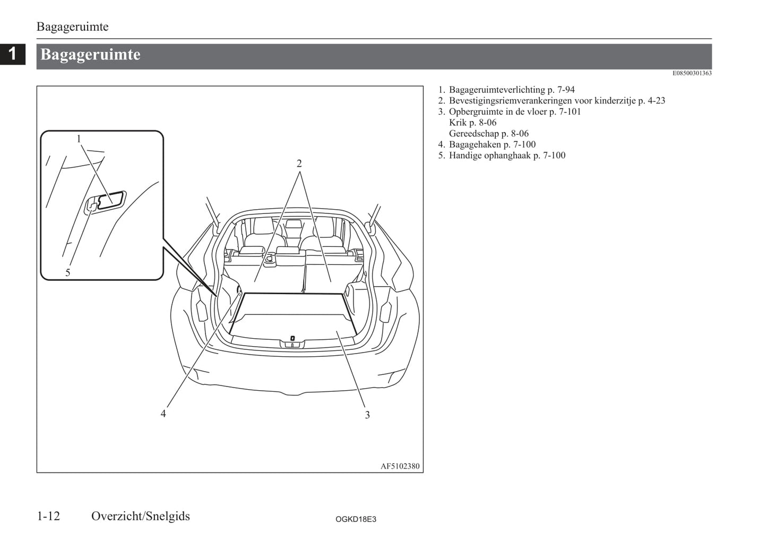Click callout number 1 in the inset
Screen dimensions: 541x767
click(79, 139)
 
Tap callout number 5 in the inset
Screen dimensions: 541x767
click(67, 273)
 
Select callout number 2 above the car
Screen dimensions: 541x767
click(299, 164)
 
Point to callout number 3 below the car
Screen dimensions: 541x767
click(367, 415)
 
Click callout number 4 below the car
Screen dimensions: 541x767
click(163, 414)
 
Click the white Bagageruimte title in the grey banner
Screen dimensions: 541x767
click(90, 55)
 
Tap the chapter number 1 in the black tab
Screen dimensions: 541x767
click(13, 54)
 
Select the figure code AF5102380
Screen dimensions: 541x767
click(400, 466)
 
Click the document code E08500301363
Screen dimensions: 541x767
click(692, 73)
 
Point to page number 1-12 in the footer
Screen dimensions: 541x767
click(48, 516)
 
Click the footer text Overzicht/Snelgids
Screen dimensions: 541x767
click(140, 516)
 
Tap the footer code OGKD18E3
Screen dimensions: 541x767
click(356, 519)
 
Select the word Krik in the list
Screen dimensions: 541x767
click(458, 123)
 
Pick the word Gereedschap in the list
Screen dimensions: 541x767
click(474, 134)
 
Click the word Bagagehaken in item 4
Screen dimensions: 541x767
click(475, 144)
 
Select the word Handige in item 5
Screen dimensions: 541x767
click(466, 156)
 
